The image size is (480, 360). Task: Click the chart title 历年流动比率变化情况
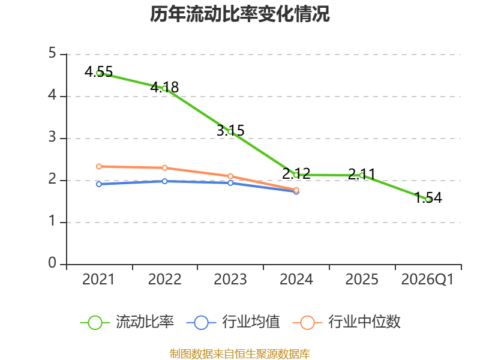(x=239, y=14)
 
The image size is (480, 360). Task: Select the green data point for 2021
(x=99, y=73)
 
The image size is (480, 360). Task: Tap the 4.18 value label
(x=164, y=87)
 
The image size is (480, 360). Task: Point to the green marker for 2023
(x=230, y=131)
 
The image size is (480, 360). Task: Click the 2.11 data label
(x=362, y=174)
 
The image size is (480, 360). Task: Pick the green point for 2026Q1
(x=428, y=199)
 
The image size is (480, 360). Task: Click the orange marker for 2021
(x=99, y=167)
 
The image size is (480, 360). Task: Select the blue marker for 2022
(x=164, y=181)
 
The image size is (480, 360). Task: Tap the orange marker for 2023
(x=230, y=176)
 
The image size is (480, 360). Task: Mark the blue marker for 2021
(x=99, y=184)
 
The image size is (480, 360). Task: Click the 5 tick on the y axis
(x=52, y=53)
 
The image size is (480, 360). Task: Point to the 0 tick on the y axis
(x=52, y=263)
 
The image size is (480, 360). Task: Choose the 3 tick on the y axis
(x=52, y=137)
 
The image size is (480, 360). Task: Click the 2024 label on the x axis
(x=296, y=279)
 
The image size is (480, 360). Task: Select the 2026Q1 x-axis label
(x=427, y=279)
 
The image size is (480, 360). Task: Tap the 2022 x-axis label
(x=164, y=279)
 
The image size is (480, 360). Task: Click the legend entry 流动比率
(x=127, y=322)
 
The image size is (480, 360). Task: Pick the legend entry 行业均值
(x=233, y=322)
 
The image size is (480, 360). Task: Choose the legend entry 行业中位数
(x=347, y=322)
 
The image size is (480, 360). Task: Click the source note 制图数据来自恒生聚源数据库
(x=240, y=354)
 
